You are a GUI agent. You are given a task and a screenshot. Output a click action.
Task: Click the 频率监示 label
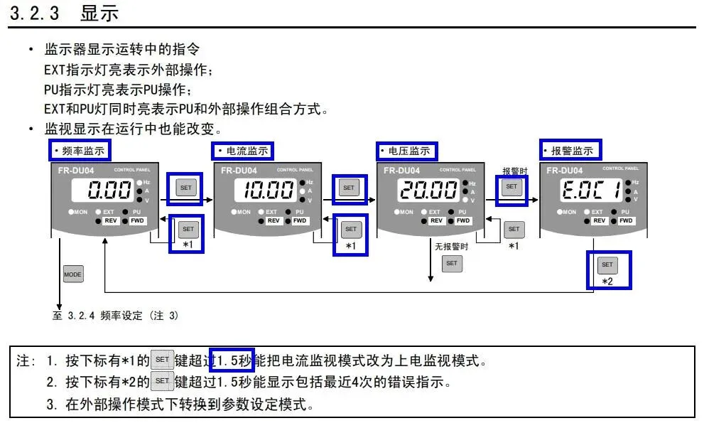coord(80,151)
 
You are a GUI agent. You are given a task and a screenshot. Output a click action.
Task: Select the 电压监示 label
coord(406,151)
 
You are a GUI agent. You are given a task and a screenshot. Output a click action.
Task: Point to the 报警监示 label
coord(570,151)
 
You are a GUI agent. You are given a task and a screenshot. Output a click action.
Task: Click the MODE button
coord(73,274)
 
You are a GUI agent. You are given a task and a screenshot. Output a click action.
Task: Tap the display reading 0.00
coord(110,191)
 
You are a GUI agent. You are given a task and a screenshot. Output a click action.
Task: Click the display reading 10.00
coord(269,191)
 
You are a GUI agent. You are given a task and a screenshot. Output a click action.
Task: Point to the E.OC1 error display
coord(593,191)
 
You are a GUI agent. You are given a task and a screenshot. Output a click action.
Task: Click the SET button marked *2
coord(607,264)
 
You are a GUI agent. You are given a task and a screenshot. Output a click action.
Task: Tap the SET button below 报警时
coord(511,186)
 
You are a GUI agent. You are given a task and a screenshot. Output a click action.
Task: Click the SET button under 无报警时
coord(452,263)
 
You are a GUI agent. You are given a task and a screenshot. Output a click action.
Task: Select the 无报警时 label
coord(452,247)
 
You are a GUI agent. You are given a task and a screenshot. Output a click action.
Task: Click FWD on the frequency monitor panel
coord(137,221)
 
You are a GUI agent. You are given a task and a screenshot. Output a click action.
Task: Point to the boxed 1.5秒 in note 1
coord(232,360)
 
